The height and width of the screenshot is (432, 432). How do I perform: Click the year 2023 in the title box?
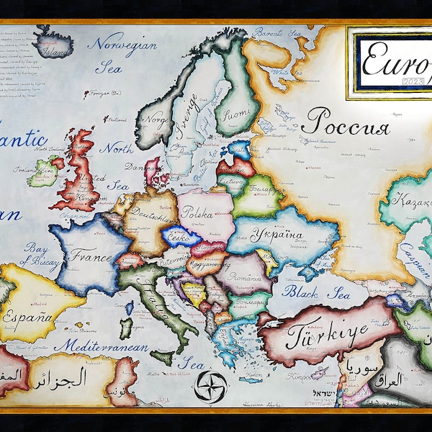tap(416, 81)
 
